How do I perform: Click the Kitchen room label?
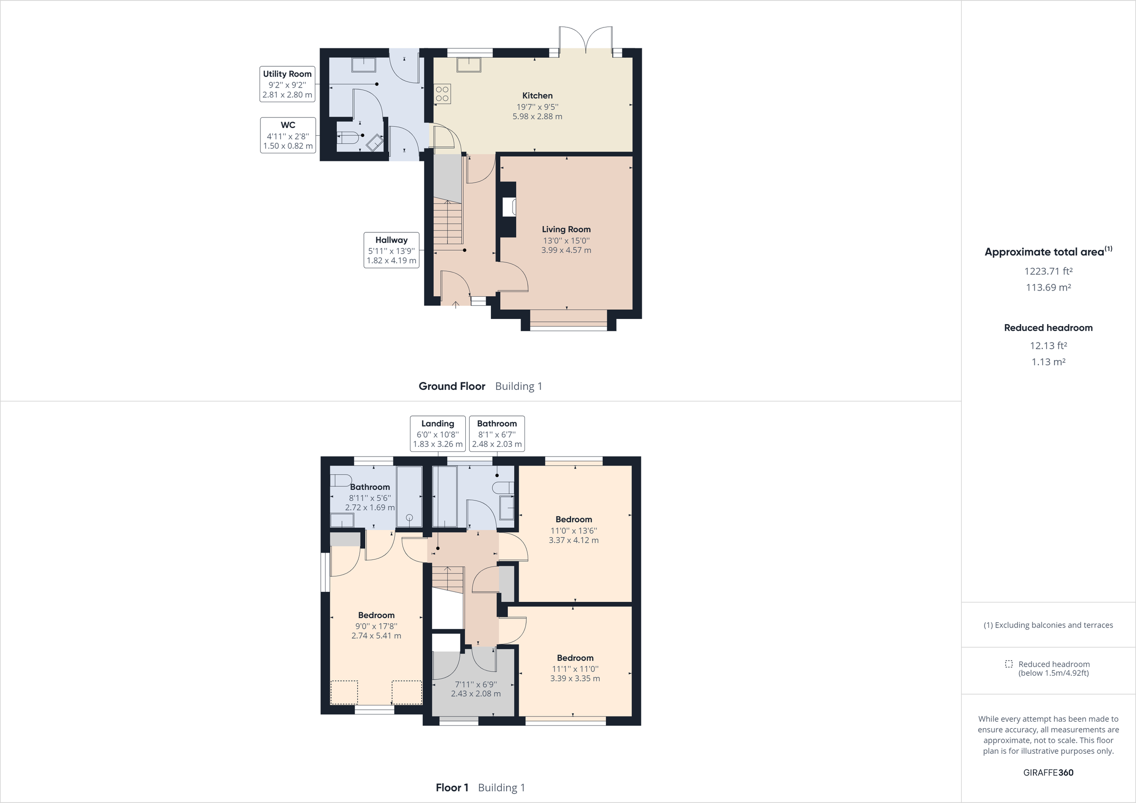[537, 96]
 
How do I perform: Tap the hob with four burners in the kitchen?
[442, 94]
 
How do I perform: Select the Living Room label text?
[566, 229]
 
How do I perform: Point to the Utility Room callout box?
[287, 84]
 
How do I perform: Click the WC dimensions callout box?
[288, 135]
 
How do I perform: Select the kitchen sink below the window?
[469, 65]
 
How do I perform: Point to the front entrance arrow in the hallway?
[456, 303]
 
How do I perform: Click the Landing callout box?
[437, 433]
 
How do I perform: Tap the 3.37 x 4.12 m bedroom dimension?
[573, 540]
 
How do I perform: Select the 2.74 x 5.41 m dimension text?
[376, 636]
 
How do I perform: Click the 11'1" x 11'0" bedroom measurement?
[575, 669]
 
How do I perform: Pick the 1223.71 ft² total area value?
[1048, 271]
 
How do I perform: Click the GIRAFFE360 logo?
[1048, 772]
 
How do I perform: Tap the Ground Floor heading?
[452, 387]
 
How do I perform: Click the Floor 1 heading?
[452, 788]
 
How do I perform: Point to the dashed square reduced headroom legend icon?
[1009, 664]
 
